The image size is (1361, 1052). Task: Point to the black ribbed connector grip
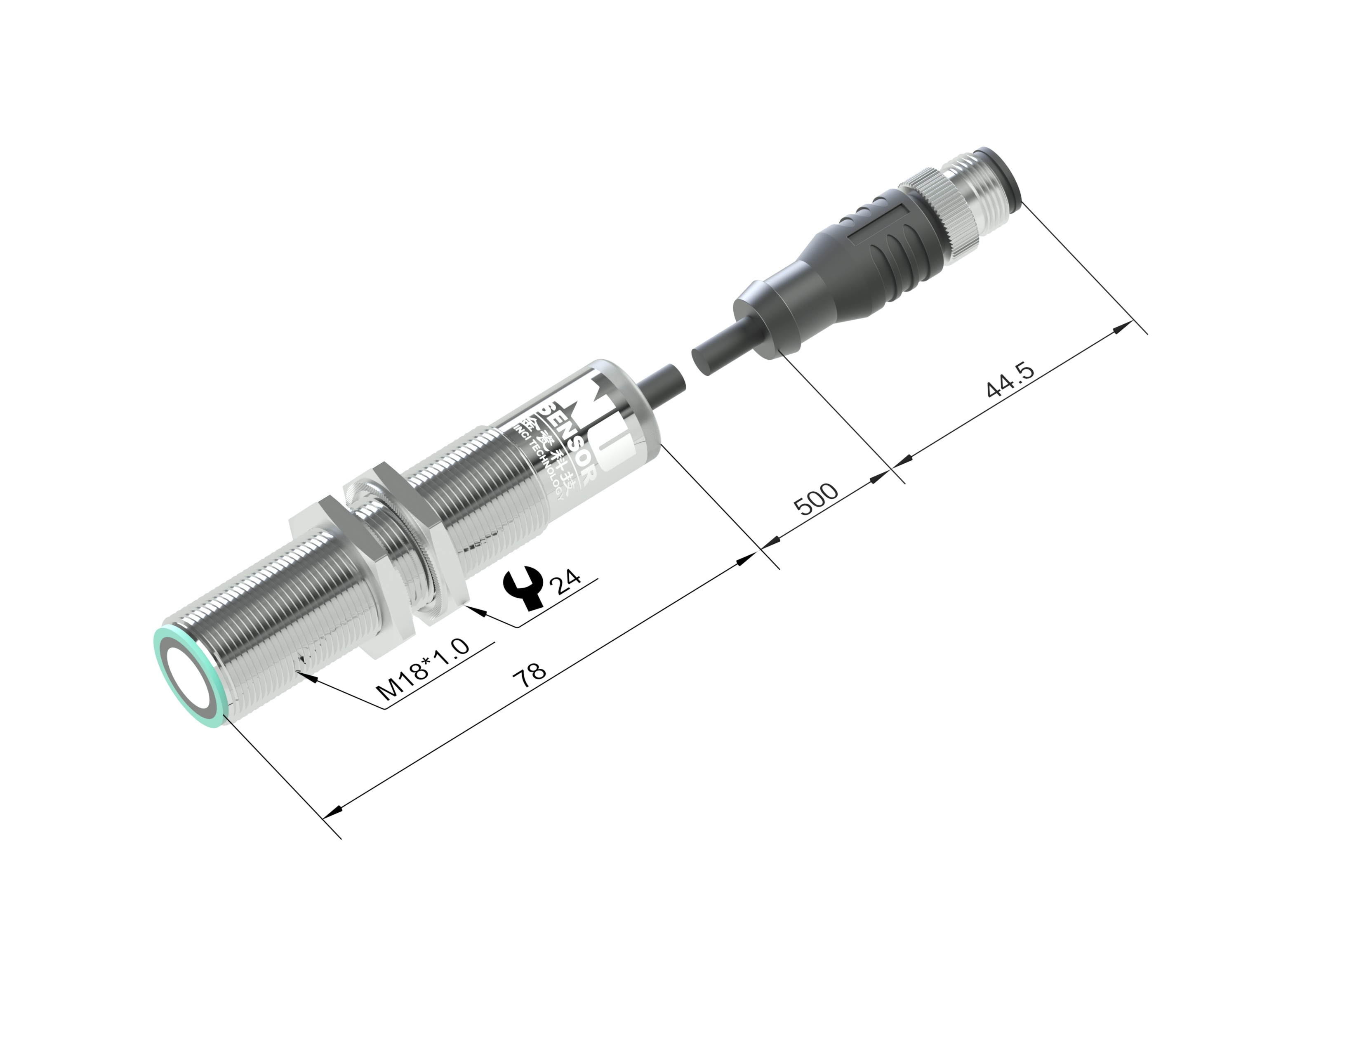coord(885,249)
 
